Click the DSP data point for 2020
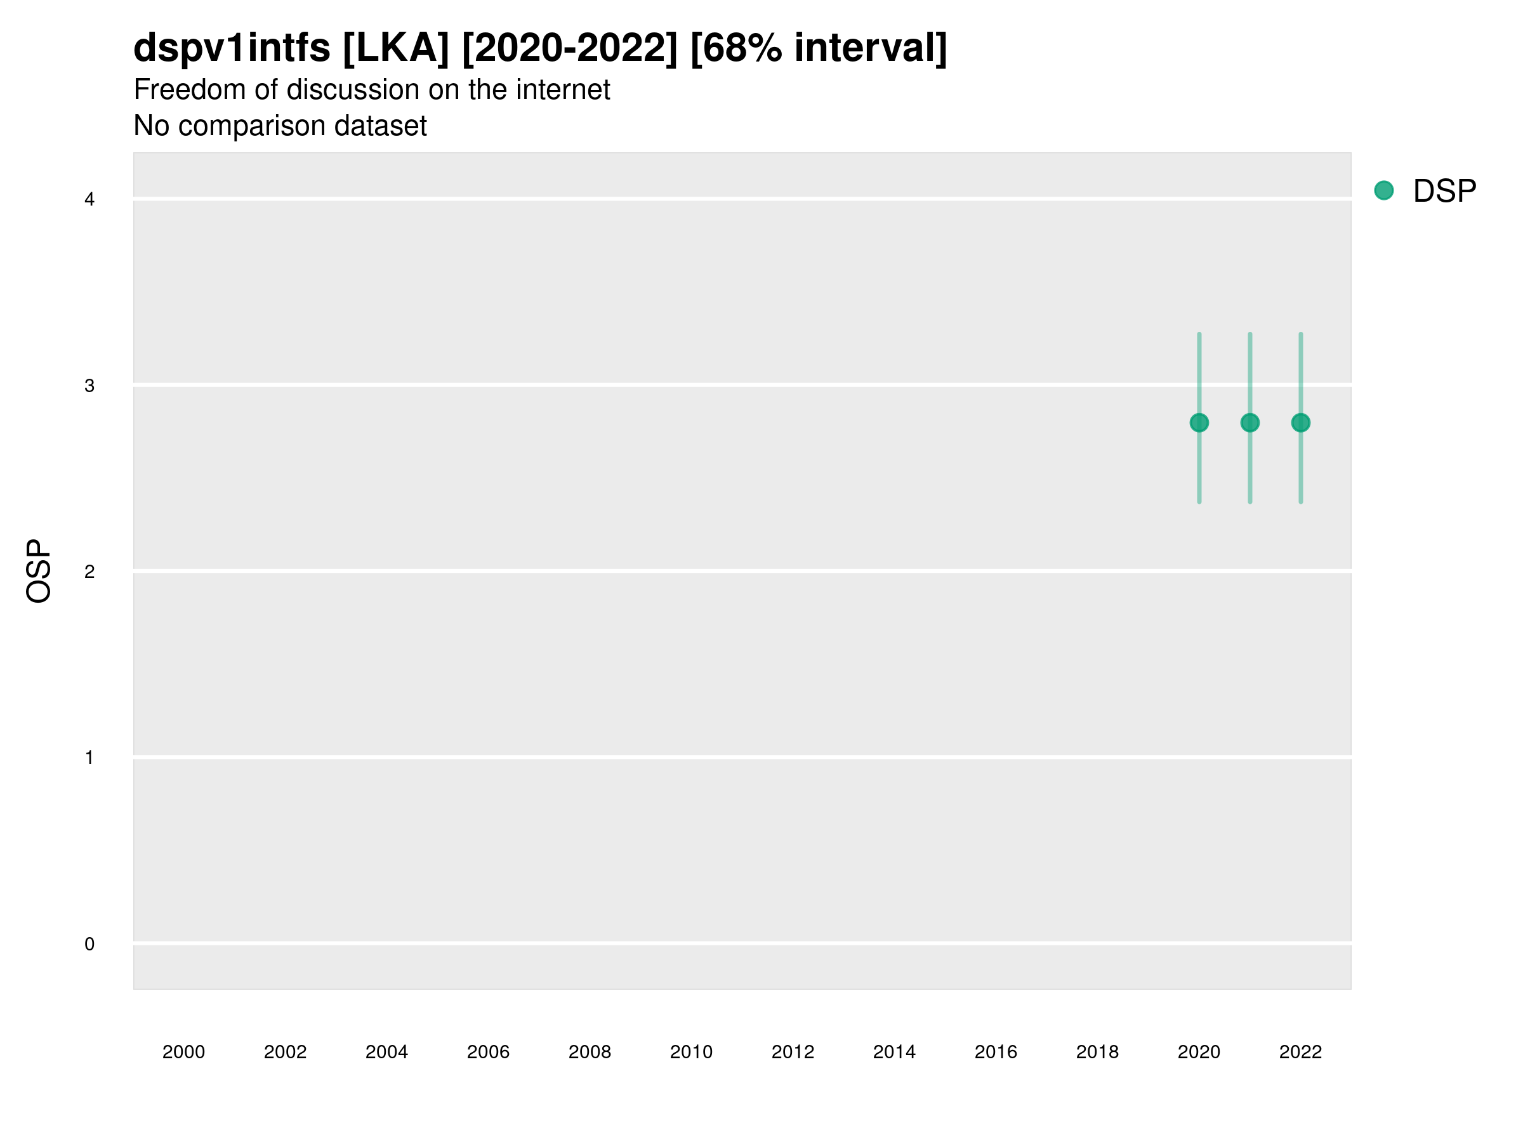click(1199, 423)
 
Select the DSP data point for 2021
click(1249, 423)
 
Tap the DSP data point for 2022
click(1301, 423)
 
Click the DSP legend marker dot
click(1383, 191)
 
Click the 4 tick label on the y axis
click(89, 200)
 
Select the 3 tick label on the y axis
click(89, 386)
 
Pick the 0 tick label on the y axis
click(89, 944)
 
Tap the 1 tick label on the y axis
click(89, 758)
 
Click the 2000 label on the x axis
click(184, 1052)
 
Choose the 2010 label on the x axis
click(691, 1052)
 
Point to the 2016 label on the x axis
click(996, 1052)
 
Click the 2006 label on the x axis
click(488, 1052)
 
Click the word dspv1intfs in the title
click(232, 48)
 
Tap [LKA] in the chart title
click(396, 48)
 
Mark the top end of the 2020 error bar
click(1199, 334)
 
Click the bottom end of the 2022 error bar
click(1301, 502)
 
